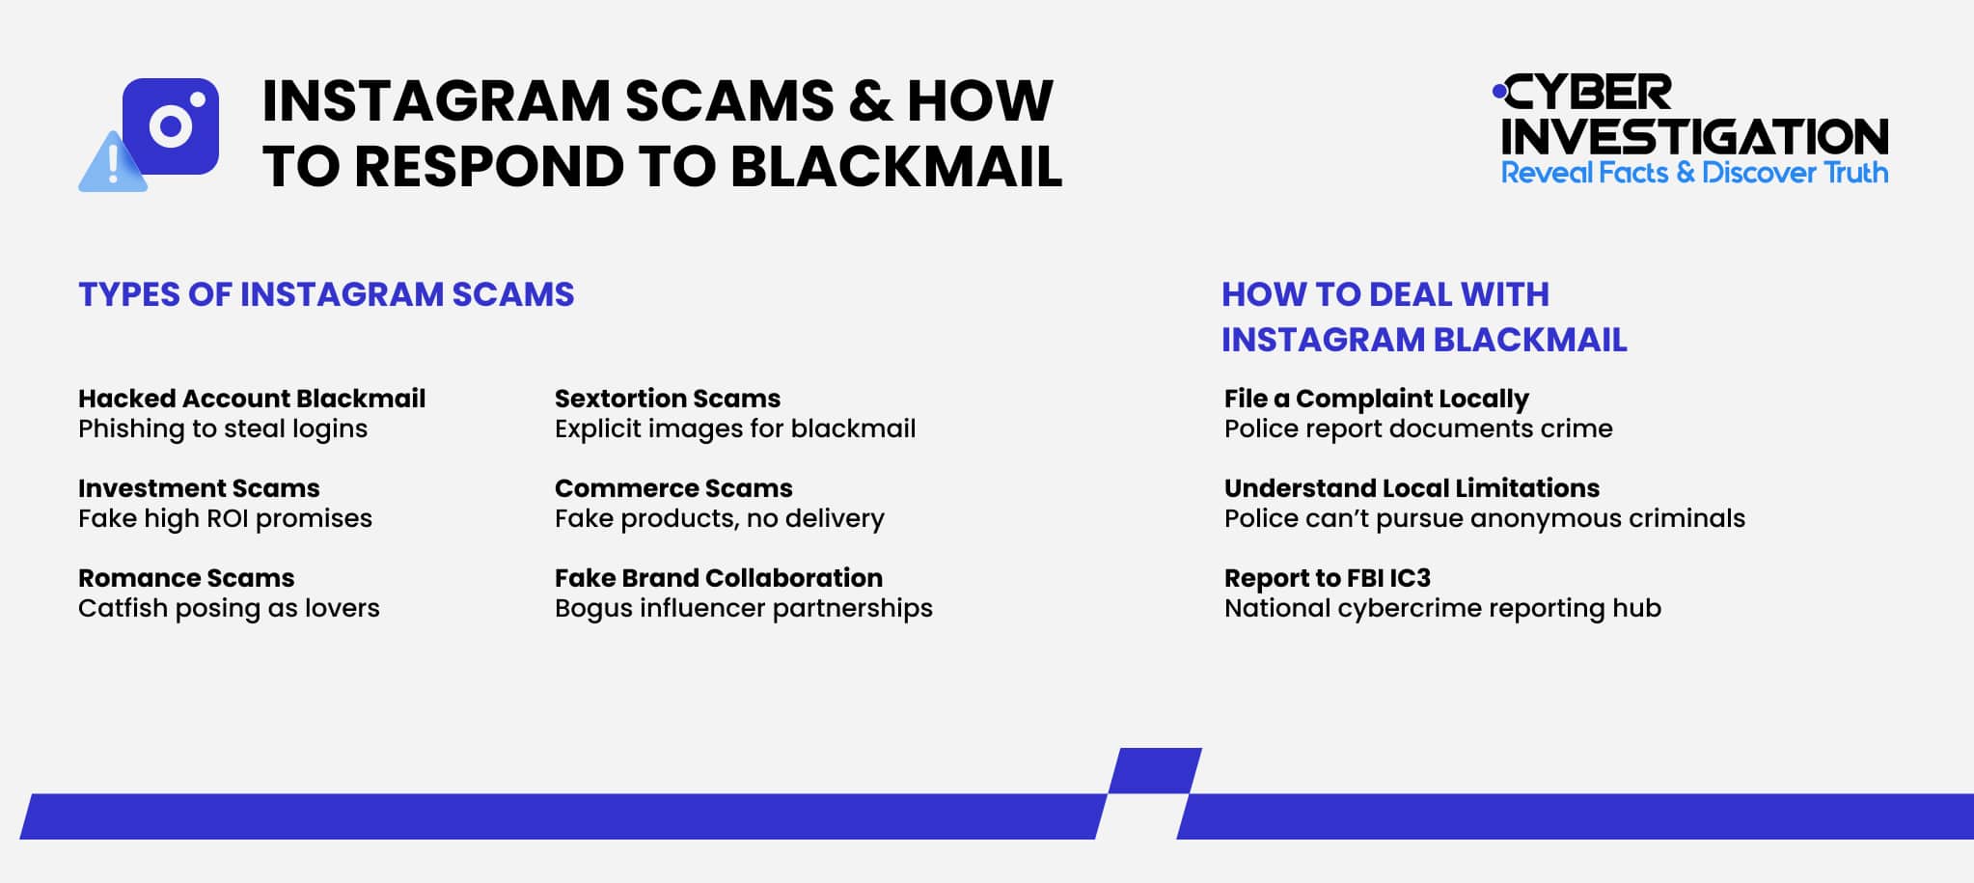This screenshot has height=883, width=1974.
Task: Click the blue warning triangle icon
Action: point(113,165)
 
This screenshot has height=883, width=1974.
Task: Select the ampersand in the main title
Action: point(870,100)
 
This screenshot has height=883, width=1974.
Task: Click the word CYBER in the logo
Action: point(1588,94)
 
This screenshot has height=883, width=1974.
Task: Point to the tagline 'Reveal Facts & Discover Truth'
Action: point(1694,173)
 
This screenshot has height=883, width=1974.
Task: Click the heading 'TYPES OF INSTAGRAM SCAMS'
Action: point(326,294)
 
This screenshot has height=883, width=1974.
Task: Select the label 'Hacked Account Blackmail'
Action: point(252,399)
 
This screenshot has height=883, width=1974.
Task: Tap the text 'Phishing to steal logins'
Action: point(223,428)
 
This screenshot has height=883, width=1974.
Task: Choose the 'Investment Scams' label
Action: point(199,488)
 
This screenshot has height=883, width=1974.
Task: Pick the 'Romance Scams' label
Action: point(186,578)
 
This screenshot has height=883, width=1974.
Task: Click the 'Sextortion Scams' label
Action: point(668,399)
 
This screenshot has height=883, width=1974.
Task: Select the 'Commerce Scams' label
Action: point(673,488)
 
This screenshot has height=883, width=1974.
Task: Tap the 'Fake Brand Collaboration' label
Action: point(719,578)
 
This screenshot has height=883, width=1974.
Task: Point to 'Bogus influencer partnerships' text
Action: point(744,608)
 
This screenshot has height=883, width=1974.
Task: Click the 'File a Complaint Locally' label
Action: point(1377,399)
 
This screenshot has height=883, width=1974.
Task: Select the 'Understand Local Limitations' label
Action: point(1412,488)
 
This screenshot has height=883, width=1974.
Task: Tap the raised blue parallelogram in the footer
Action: point(1154,770)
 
